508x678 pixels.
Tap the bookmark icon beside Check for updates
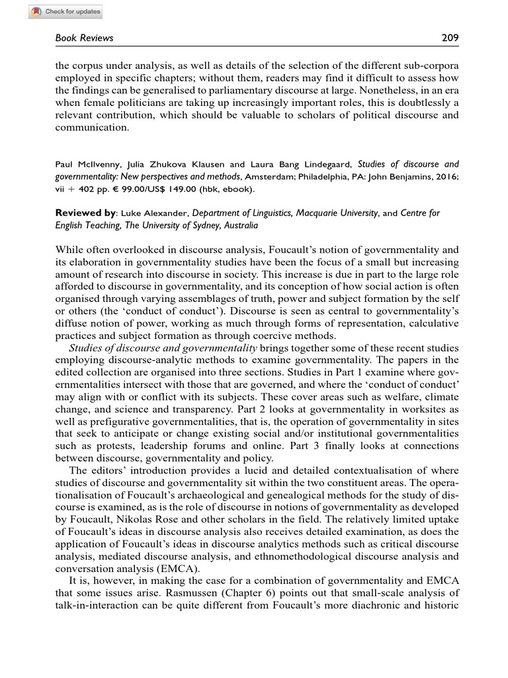[x=36, y=11]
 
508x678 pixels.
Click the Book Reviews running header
[x=83, y=38]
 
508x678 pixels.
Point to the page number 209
[x=450, y=38]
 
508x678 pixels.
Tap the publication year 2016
[x=443, y=176]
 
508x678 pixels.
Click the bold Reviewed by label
[x=85, y=213]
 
